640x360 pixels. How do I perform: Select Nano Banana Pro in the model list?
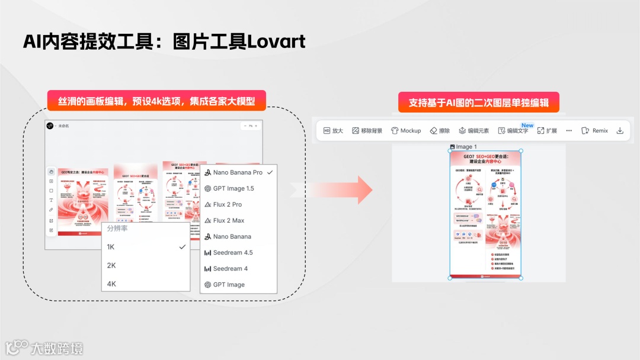point(238,172)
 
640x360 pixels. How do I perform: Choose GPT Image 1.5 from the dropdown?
point(233,188)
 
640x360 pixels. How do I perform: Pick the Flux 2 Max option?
point(228,220)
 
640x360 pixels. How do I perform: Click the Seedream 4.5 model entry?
point(232,253)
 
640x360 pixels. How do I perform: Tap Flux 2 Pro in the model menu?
point(228,204)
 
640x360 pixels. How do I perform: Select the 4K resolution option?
point(111,284)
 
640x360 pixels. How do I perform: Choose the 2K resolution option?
point(111,265)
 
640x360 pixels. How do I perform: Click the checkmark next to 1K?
point(183,247)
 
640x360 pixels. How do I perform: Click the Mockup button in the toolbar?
point(406,131)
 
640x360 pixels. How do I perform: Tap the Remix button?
point(594,131)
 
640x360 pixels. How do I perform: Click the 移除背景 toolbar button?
point(367,131)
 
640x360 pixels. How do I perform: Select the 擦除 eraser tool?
point(440,131)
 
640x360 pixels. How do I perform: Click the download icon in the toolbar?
point(620,131)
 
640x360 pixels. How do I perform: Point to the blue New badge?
point(527,126)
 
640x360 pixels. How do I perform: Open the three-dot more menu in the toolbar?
point(569,131)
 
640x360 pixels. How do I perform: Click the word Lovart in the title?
point(276,41)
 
